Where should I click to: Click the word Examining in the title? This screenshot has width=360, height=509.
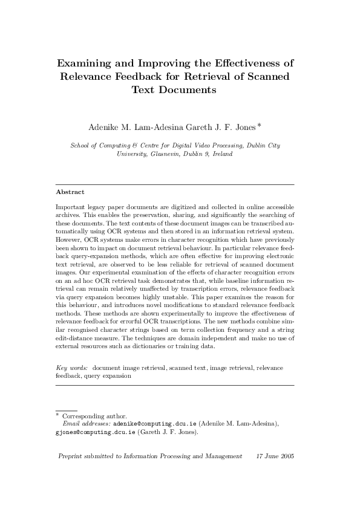click(x=83, y=63)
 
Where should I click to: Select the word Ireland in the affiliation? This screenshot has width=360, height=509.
click(x=221, y=154)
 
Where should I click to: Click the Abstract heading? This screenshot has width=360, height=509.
click(x=70, y=192)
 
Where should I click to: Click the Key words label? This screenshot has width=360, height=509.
click(x=72, y=368)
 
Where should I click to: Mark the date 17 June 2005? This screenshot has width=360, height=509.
click(x=275, y=456)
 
